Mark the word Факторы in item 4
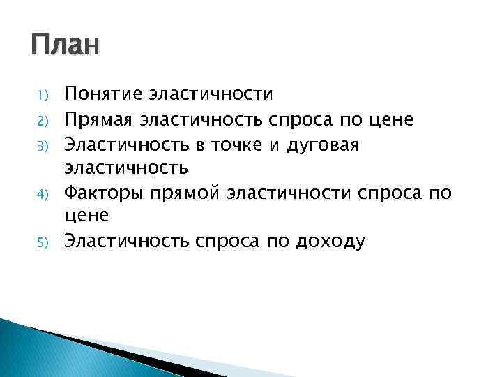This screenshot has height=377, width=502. pyautogui.click(x=101, y=193)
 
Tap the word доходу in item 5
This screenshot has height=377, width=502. pyautogui.click(x=330, y=242)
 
